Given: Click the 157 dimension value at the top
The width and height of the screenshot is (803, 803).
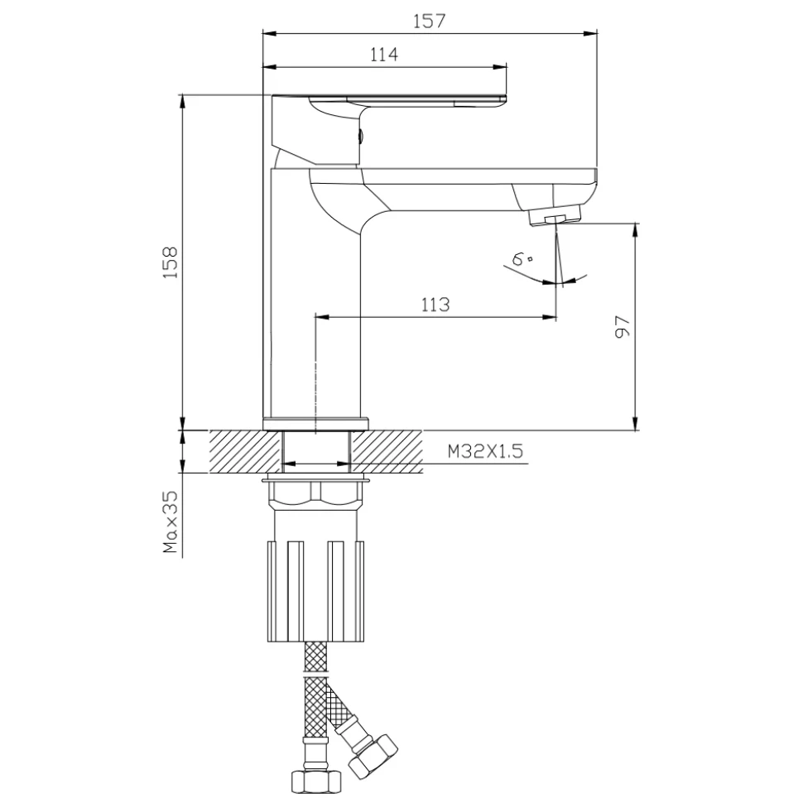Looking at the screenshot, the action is tap(429, 21).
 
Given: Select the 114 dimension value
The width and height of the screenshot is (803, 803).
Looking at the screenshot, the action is tap(383, 54).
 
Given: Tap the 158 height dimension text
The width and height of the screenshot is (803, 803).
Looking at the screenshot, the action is tap(170, 262).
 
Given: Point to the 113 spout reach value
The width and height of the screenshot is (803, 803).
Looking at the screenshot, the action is tap(435, 305).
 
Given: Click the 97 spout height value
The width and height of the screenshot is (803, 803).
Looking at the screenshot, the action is tap(622, 326).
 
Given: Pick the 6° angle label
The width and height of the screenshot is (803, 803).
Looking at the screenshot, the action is tap(522, 258).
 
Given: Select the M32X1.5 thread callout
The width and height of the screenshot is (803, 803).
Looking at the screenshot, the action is tap(485, 451).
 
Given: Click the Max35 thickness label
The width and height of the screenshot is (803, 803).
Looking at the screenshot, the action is tap(170, 522).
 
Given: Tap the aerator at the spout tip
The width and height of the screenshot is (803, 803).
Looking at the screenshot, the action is tap(555, 215).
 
